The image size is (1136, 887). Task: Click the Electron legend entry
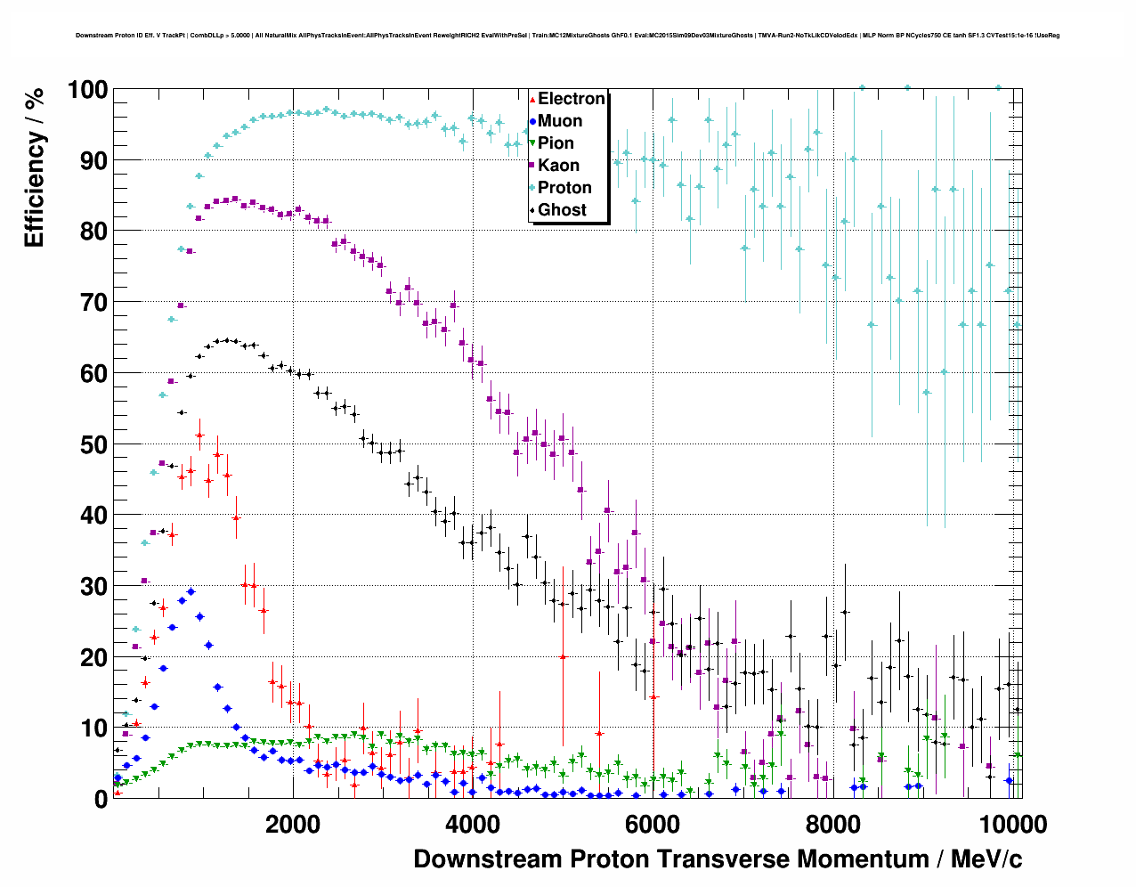[571, 99]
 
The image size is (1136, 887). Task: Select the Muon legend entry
[560, 121]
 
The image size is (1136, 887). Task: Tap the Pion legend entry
[556, 143]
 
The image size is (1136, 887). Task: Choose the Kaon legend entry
[558, 166]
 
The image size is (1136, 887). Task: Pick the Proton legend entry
[564, 188]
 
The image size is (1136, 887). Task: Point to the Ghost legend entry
[562, 210]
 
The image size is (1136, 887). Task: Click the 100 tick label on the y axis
[87, 90]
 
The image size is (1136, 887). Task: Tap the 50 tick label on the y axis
[93, 444]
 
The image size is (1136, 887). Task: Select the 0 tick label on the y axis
[101, 799]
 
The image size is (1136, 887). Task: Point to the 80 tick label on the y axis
[93, 232]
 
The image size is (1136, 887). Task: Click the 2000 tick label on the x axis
[293, 825]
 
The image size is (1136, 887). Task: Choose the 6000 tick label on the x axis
[653, 825]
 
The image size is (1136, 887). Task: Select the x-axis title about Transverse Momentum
[718, 859]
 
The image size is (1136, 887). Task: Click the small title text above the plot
[567, 36]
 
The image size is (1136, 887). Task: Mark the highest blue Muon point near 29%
[191, 591]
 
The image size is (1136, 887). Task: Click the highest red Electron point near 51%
[199, 435]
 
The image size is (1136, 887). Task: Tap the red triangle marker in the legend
[532, 99]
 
